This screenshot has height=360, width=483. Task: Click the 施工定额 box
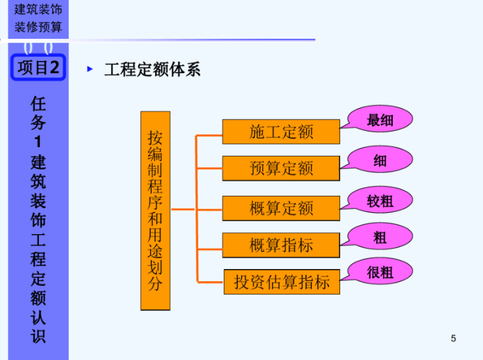281,132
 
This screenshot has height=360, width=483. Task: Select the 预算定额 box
281,169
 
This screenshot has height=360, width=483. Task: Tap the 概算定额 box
281,208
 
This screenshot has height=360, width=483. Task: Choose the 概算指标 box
281,245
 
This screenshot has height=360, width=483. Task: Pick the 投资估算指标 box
282,282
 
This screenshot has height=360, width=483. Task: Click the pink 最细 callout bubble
380,120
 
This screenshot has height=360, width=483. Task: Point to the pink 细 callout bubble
380,161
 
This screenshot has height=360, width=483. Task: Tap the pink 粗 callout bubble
380,238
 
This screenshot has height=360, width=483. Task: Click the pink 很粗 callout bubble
380,272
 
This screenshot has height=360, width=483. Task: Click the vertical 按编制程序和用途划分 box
155,211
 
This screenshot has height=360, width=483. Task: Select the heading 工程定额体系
153,69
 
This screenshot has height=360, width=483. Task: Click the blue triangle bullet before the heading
90,69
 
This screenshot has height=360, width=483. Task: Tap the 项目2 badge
38,67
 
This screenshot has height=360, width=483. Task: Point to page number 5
453,338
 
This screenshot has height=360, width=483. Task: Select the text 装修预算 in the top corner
38,27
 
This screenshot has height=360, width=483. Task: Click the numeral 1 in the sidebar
38,142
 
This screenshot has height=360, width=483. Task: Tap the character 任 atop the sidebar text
38,103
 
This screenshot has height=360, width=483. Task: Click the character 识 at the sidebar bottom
38,336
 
